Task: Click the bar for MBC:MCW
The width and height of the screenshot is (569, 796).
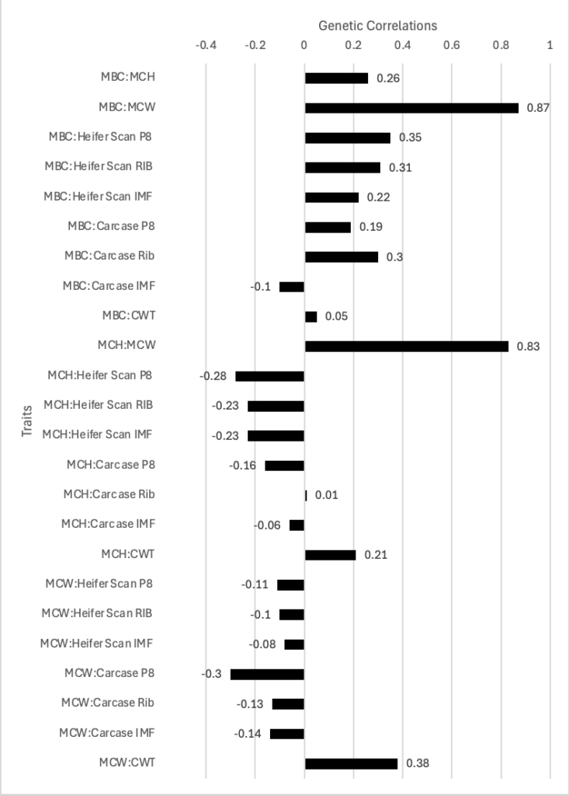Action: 411,108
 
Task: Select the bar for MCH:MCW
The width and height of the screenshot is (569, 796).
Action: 407,346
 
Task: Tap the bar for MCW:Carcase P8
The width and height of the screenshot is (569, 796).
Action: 268,674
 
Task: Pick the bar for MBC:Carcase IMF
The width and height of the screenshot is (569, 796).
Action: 292,287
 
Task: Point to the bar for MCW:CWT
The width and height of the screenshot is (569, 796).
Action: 351,763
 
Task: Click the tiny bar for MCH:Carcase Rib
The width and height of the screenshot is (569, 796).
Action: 306,495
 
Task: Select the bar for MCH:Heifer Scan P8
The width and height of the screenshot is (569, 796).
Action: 270,376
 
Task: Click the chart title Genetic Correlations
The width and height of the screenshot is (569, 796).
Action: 378,26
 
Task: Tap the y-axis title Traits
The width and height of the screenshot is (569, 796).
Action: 27,420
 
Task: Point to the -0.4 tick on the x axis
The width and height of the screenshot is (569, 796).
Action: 206,45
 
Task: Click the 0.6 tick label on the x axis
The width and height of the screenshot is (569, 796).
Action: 452,45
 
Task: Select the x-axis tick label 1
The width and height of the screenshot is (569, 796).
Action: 550,45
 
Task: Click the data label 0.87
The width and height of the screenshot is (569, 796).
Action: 538,108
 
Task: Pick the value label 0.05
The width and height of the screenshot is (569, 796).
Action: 334,317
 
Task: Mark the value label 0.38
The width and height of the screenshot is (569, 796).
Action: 417,763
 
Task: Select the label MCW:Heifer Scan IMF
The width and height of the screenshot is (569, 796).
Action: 96,643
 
